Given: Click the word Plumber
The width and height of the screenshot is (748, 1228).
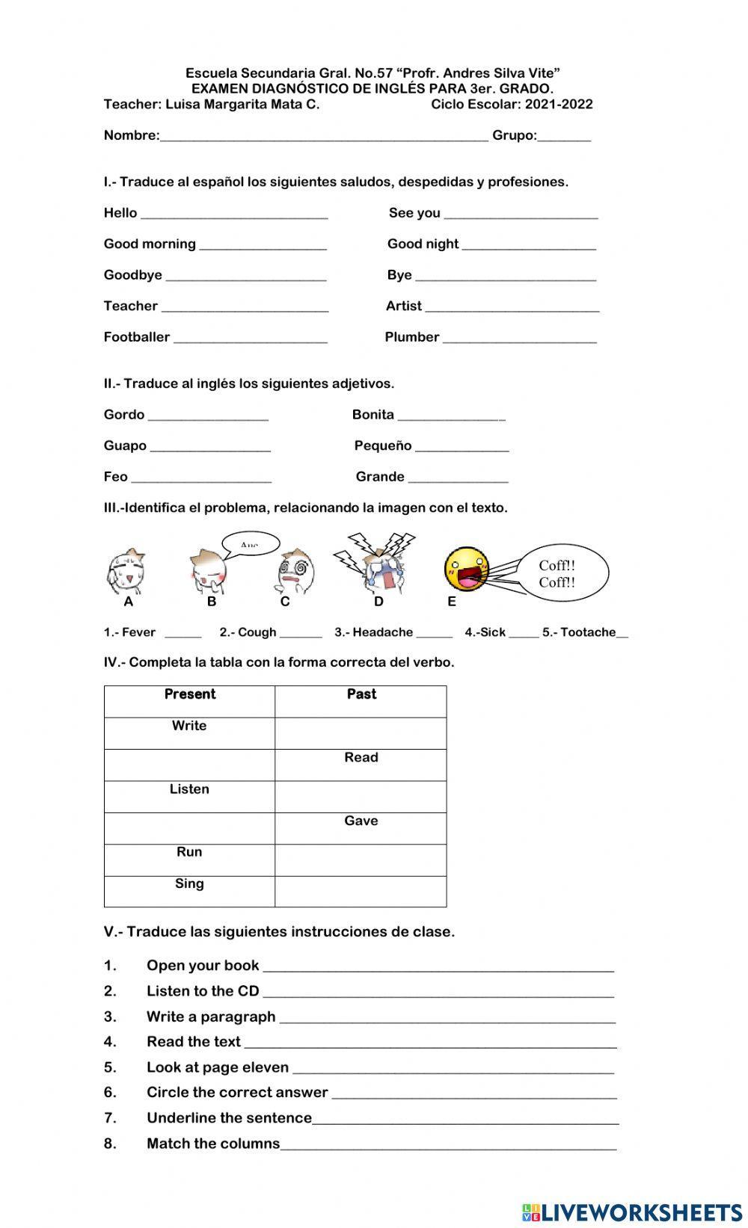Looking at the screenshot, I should point(411,337).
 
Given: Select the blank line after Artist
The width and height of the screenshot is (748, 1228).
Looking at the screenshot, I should point(512,307).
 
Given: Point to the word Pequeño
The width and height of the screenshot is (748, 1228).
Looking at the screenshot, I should point(383,446).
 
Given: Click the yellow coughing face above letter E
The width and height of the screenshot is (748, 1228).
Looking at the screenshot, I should point(466,570).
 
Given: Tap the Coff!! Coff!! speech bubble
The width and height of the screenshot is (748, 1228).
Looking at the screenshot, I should point(562,573).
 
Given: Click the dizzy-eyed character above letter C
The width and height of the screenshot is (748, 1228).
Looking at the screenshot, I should point(296,572).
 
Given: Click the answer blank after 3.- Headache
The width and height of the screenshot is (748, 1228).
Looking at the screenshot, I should point(434,634).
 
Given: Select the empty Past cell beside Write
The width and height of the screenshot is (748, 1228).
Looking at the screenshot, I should point(361,733).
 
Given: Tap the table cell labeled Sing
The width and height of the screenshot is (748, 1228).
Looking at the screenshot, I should point(189,891).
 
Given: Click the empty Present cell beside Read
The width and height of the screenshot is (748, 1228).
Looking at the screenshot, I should point(189,765).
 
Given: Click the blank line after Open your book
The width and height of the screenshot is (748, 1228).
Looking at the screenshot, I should point(438,967).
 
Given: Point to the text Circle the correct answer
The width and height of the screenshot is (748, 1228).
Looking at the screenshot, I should point(237,1093).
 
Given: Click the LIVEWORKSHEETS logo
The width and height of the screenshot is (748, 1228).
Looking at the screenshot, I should point(632,1212).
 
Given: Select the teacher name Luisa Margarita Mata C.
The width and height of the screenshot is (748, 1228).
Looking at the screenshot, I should point(242,105).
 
